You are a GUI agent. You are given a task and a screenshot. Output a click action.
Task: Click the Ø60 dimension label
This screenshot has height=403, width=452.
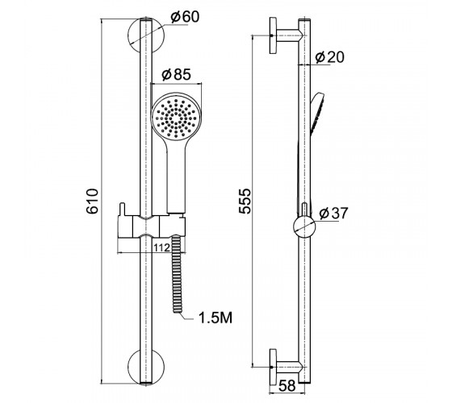(185, 17)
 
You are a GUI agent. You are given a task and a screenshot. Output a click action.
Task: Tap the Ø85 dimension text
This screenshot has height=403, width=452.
(176, 74)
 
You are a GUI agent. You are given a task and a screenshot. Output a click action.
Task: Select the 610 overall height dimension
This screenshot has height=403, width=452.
(93, 201)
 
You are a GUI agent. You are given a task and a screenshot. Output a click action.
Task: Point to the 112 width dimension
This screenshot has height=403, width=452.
(161, 247)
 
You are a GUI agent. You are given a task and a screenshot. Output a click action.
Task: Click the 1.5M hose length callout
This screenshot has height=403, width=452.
(216, 318)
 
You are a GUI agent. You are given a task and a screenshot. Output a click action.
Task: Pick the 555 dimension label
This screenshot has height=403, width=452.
(245, 201)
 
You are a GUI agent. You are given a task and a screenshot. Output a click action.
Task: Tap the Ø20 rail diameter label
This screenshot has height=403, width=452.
(330, 57)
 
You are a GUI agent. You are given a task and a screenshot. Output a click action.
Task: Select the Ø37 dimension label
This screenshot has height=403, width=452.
(334, 213)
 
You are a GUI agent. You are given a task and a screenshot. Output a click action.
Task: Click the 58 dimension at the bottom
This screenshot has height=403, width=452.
(287, 385)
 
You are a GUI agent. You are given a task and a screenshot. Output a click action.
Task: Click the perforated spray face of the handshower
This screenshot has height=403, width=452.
(175, 118)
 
